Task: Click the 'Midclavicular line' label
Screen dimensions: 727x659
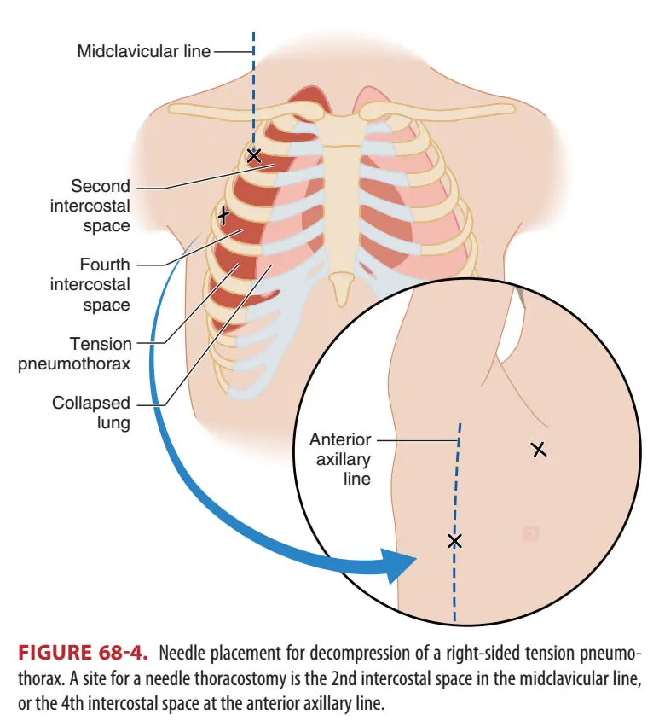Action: (143, 51)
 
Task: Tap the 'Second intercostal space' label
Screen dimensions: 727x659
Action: (101, 206)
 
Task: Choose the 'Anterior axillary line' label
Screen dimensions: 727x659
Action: (340, 459)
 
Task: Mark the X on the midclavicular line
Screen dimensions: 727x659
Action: (253, 155)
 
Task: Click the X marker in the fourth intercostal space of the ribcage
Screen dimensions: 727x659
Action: (223, 215)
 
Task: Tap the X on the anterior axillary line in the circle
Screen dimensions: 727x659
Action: (454, 540)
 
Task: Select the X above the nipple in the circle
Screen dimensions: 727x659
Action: (538, 449)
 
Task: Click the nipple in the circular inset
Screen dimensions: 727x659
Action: (530, 533)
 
